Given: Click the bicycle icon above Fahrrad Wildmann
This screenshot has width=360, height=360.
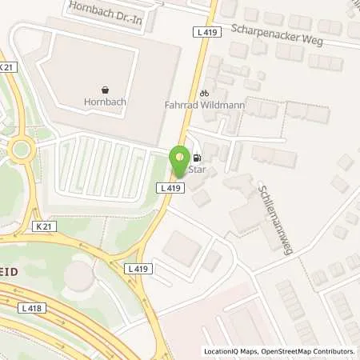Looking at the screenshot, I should coord(204,93).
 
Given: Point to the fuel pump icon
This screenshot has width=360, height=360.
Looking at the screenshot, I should coord(196,158).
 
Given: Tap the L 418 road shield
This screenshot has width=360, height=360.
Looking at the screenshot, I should coord(32,308).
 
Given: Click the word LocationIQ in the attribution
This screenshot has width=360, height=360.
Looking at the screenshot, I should coord(220,351).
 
